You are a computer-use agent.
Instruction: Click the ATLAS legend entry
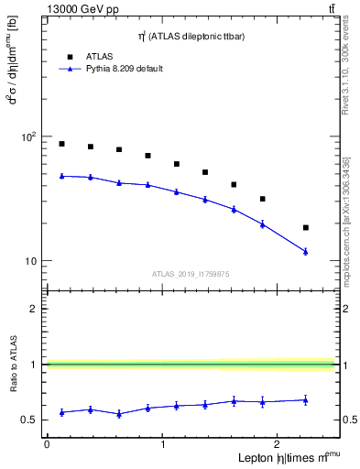coord(100,56)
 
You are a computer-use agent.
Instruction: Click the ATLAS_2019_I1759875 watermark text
coord(190,273)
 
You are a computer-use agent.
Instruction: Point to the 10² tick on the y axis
coord(27,136)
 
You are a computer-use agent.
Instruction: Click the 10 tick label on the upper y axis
coord(31,261)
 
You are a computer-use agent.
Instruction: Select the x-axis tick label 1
coord(163,444)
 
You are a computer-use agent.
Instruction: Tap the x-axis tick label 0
coord(47,444)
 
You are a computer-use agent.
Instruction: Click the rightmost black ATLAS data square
coord(306,227)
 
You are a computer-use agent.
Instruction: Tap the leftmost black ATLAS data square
coord(61,144)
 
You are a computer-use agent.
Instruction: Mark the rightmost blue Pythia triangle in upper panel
coord(306,251)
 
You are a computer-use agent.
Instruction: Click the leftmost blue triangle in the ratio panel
coord(61,412)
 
